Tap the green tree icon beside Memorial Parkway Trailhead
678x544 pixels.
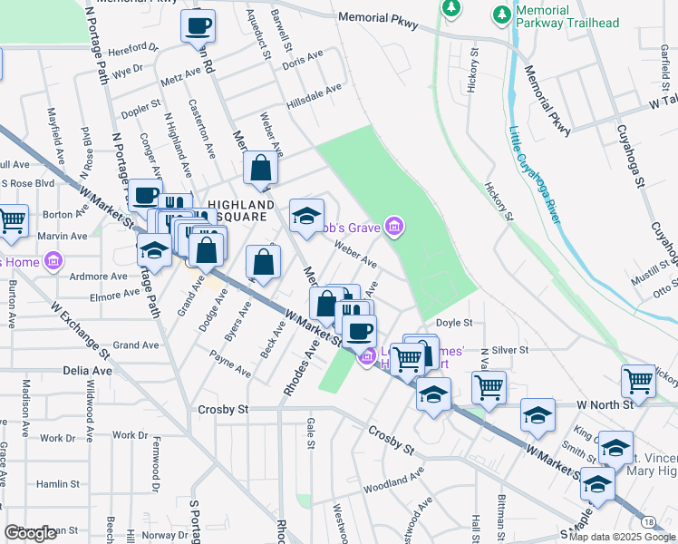[499, 15]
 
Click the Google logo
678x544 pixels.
[29, 533]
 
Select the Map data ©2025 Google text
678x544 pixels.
[622, 537]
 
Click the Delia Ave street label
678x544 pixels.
[88, 371]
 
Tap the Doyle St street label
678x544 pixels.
[454, 323]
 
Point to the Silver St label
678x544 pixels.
[510, 350]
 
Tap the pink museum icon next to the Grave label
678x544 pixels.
[393, 227]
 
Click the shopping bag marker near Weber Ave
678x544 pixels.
[260, 168]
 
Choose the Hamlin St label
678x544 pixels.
[59, 485]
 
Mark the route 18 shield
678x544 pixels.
[648, 522]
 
